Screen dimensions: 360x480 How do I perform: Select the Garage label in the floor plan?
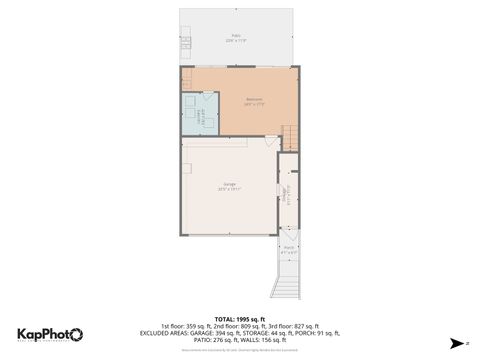coord(229,186)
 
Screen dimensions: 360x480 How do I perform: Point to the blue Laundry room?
coord(198,118)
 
